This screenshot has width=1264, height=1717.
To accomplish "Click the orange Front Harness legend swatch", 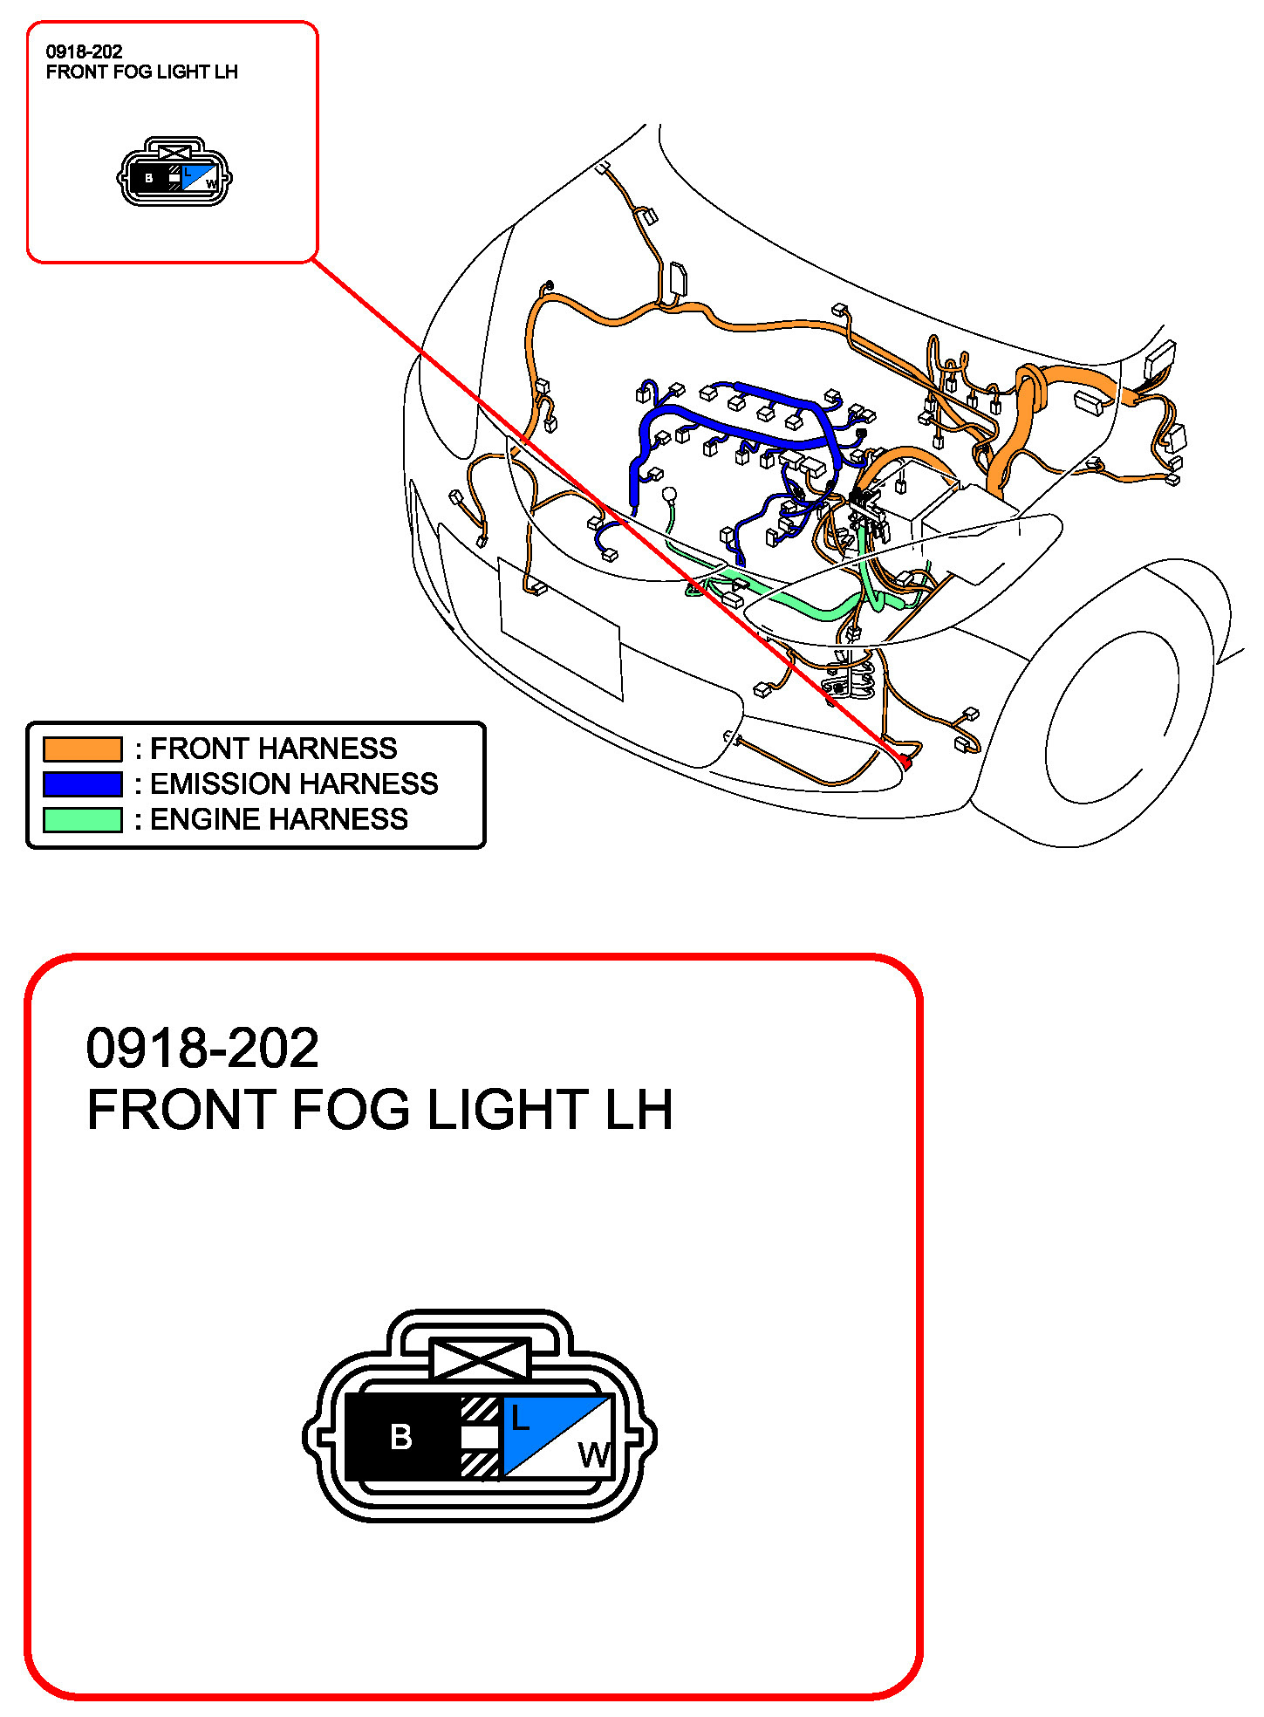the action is [x=83, y=749].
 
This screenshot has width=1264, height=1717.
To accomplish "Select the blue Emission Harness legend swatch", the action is [x=83, y=784].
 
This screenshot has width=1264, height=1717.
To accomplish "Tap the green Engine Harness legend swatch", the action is [x=83, y=820].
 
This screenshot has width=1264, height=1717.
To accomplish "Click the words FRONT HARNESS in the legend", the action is [x=274, y=749].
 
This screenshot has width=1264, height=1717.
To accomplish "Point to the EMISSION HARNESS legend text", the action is [x=294, y=784].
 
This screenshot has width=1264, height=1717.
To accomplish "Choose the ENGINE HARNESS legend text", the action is [x=279, y=820].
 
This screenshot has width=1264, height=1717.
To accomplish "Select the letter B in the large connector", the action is [x=401, y=1437].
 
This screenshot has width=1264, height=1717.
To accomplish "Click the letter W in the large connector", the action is [x=595, y=1454].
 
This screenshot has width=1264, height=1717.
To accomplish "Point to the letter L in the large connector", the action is [x=520, y=1418].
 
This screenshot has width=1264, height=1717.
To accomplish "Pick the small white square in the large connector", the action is [x=480, y=1437].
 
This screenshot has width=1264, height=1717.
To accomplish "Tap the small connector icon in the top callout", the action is [x=174, y=172].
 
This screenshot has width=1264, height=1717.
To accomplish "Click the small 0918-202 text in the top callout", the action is [x=85, y=51].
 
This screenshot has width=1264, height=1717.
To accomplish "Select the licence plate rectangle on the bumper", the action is [x=560, y=628].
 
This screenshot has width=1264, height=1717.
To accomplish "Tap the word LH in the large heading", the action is [x=639, y=1110].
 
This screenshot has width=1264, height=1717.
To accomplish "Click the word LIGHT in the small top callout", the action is [x=182, y=72].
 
